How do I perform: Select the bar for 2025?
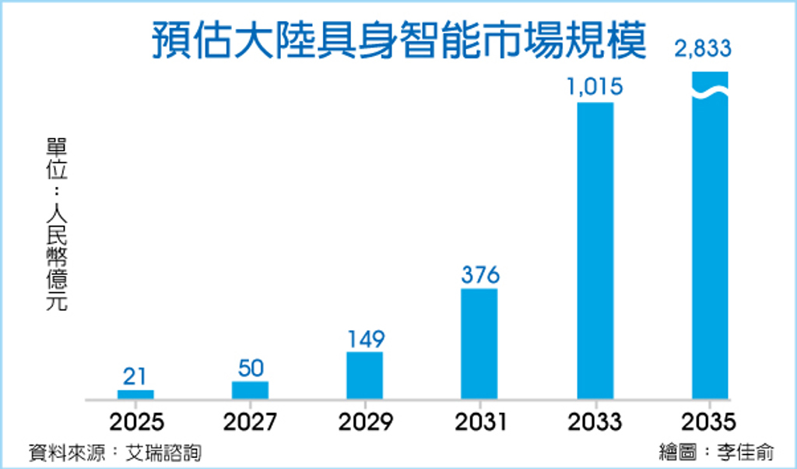(135, 394)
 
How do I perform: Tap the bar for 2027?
(250, 390)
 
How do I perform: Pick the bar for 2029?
(364, 376)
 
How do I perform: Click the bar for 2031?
(479, 344)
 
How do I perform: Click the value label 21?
(135, 376)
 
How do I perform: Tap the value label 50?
(250, 368)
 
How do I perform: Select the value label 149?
(364, 339)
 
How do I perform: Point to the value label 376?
(479, 275)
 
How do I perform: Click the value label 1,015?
(595, 87)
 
